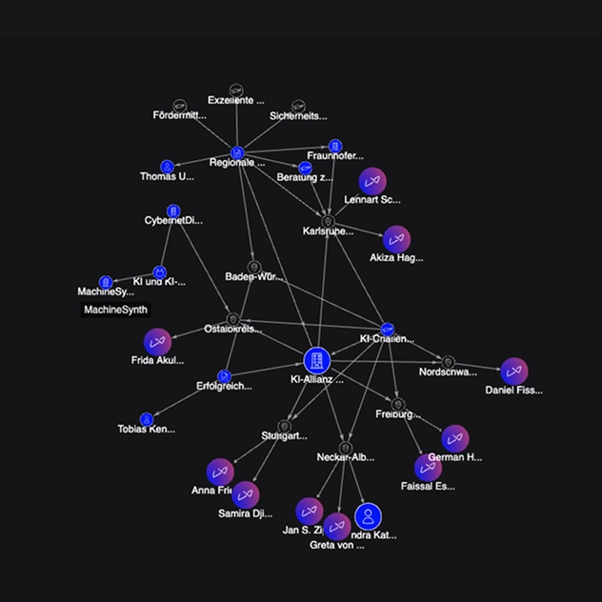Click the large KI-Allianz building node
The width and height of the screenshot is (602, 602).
[x=317, y=360]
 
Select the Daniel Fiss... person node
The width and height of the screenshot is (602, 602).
[x=513, y=371]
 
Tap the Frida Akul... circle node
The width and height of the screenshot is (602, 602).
[x=157, y=342]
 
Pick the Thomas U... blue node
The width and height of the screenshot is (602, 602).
[x=167, y=166]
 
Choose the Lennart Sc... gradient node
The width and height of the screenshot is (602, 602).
[x=372, y=181]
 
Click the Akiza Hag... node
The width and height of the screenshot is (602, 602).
[x=396, y=239]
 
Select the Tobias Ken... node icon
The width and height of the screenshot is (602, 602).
[x=147, y=419]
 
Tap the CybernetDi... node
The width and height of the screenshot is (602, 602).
[x=173, y=211]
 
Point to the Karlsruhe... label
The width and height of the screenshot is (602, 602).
[x=328, y=231]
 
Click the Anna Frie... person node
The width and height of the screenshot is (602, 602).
[x=220, y=472]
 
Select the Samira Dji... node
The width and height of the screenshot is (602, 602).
[x=245, y=494]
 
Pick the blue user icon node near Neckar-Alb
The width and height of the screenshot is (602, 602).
[x=368, y=517]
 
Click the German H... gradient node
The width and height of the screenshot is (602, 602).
[x=455, y=438]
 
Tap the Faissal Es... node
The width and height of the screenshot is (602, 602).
[x=428, y=467]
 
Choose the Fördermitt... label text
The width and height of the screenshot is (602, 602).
[x=179, y=115]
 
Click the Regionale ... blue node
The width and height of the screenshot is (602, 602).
[x=237, y=152]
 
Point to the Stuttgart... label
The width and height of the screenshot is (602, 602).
[x=284, y=436]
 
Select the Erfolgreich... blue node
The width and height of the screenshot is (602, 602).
[x=224, y=376]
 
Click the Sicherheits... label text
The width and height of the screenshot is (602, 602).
[x=297, y=116]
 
